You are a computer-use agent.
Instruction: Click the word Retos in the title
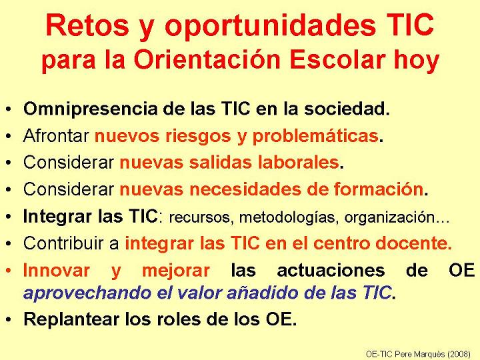[87, 25]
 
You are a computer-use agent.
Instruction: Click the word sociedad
[347, 109]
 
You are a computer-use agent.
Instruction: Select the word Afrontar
[56, 135]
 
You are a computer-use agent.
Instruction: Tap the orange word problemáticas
[315, 136]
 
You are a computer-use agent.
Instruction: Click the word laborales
[298, 162]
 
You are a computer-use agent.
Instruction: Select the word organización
[389, 217]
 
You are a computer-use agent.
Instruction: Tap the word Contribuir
[64, 243]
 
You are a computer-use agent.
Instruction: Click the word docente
[413, 243]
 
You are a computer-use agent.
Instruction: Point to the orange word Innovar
[57, 270]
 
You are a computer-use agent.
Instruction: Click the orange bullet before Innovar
[9, 271]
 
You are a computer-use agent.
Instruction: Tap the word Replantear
[71, 319]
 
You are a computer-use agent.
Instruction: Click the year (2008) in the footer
[459, 354]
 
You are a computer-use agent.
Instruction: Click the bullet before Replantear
[9, 320]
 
